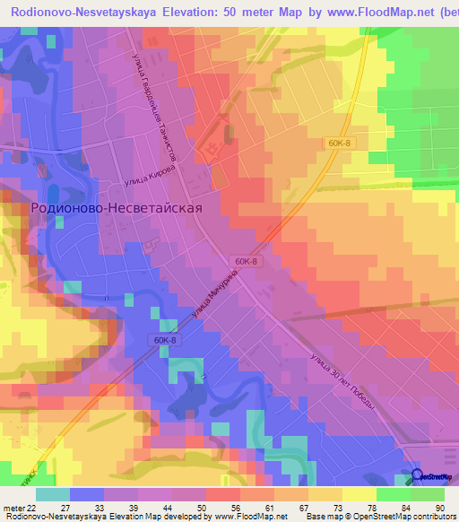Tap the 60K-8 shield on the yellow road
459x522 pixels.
point(338,143)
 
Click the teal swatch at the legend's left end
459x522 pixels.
point(52,494)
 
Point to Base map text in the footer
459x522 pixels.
point(324,517)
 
